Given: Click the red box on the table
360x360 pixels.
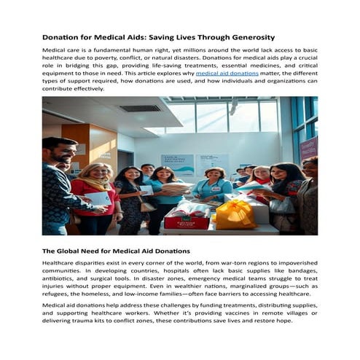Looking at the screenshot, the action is point(187,218).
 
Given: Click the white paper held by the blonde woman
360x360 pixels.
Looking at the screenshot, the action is point(100,198).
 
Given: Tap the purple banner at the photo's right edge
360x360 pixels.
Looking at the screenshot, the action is point(309,149).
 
